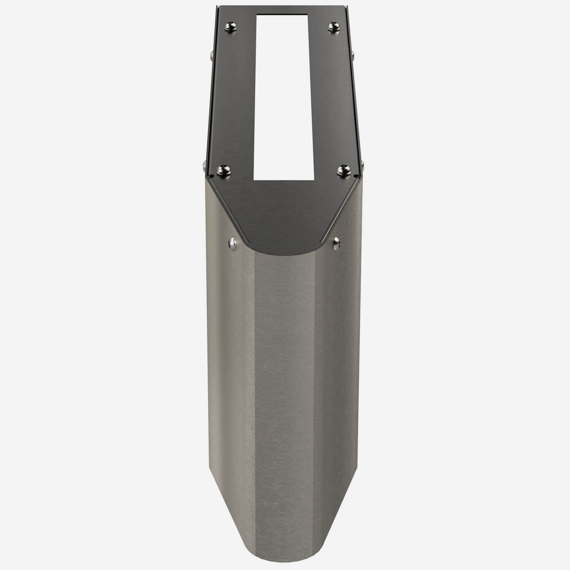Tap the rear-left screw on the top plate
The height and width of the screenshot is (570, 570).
[x=231, y=26]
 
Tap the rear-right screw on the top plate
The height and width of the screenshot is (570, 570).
[x=333, y=26]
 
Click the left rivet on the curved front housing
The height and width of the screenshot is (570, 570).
[x=232, y=242]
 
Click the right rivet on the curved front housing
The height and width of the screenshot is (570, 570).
[x=336, y=242]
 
